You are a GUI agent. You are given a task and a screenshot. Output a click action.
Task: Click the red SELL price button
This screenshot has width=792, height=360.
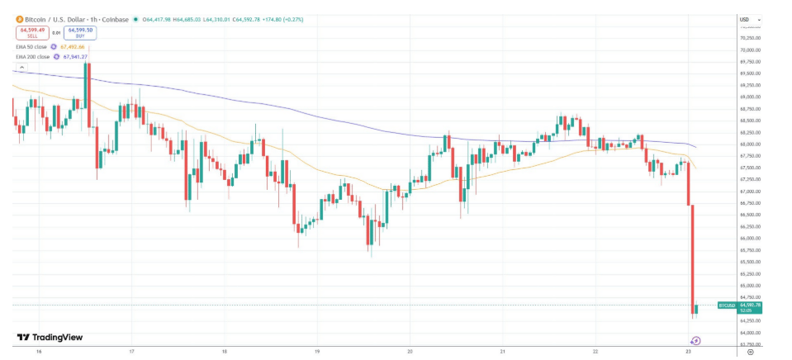[x=33, y=32]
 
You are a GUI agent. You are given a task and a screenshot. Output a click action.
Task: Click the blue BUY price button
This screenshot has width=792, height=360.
[x=79, y=32]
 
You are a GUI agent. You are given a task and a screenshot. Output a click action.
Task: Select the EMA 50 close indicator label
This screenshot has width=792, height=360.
[x=31, y=47]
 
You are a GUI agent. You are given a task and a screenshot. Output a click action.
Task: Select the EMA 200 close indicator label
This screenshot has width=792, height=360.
[x=32, y=57]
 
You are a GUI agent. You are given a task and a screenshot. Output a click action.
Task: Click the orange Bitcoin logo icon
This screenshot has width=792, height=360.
[x=18, y=19]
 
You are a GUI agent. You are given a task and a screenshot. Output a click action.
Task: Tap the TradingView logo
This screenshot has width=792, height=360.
[x=50, y=337]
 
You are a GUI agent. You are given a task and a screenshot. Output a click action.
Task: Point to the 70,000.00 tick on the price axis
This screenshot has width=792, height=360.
[x=749, y=50]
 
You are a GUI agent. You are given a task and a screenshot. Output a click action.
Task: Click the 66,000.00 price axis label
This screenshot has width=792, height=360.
[x=749, y=239]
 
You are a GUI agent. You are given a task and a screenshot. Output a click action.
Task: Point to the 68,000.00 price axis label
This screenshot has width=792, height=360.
[x=749, y=144]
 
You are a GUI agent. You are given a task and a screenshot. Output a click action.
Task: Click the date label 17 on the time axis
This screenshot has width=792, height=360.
[x=132, y=351]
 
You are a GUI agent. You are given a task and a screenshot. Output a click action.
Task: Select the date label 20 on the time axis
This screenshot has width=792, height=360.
[x=410, y=351]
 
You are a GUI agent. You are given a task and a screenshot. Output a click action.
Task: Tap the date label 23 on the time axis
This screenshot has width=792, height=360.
[x=688, y=351]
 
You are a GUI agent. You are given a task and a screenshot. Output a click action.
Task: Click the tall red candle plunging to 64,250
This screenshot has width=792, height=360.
[x=691, y=256]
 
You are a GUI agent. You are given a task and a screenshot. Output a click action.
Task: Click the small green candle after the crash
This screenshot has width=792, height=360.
[x=697, y=309]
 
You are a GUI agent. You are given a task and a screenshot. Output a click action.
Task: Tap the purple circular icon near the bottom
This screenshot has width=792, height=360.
[x=695, y=340]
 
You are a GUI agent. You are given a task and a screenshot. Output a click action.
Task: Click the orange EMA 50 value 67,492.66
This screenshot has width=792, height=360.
[x=74, y=47]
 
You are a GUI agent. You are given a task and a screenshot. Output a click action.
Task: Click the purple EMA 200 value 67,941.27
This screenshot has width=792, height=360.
[x=74, y=57]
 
